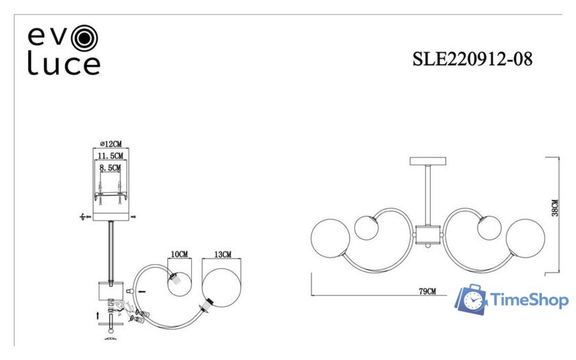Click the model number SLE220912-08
tap(472, 59)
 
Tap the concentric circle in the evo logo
tap(84, 38)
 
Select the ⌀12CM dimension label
tap(110, 143)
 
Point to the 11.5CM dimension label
tap(110, 156)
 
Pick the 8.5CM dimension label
tap(110, 168)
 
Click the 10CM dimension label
tap(179, 254)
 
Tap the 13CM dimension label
tap(223, 254)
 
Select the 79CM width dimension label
tap(427, 291)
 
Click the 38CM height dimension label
tap(555, 208)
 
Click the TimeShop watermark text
tap(529, 300)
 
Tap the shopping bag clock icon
tap(471, 299)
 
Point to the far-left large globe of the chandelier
tap(331, 238)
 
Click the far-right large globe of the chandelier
tap(525, 238)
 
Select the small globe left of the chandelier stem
tap(367, 228)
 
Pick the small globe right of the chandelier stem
tap(490, 228)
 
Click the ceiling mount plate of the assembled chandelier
tap(428, 161)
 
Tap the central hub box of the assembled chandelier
tap(428, 235)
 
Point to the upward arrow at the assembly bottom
tap(97, 315)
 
